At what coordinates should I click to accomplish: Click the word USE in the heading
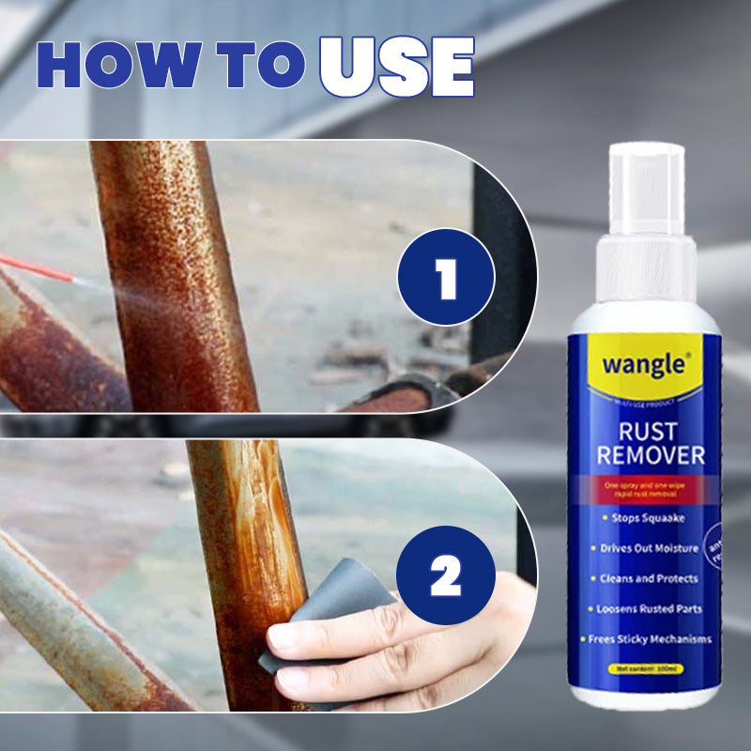pyautogui.click(x=396, y=68)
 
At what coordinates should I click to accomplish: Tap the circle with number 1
pyautogui.click(x=445, y=277)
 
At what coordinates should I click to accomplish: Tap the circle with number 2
pyautogui.click(x=445, y=577)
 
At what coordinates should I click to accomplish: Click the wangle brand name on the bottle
pyautogui.click(x=644, y=366)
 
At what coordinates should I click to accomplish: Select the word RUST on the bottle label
pyautogui.click(x=644, y=431)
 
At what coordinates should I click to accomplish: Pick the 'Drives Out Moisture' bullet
pyautogui.click(x=644, y=547)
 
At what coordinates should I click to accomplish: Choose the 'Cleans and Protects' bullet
pyautogui.click(x=644, y=578)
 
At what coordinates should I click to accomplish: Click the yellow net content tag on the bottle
pyautogui.click(x=644, y=669)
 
